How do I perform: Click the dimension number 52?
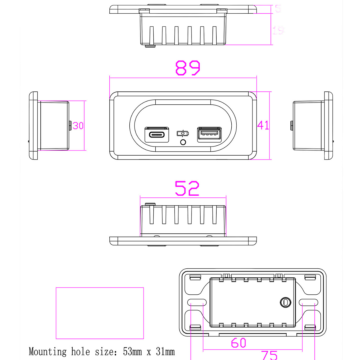tap(187, 189)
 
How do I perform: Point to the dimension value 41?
tap(263, 126)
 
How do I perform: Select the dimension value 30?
tap(78, 126)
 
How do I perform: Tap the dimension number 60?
tap(238, 343)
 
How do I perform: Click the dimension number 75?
tap(269, 355)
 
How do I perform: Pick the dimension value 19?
tap(278, 31)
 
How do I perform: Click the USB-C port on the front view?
tap(156, 135)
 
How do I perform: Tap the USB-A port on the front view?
tap(209, 135)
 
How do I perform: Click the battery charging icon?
tap(182, 134)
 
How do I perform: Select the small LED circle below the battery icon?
tap(183, 142)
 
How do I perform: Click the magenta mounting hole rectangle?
tap(100, 313)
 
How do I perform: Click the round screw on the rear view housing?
tap(285, 302)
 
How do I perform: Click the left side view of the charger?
tap(50, 126)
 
